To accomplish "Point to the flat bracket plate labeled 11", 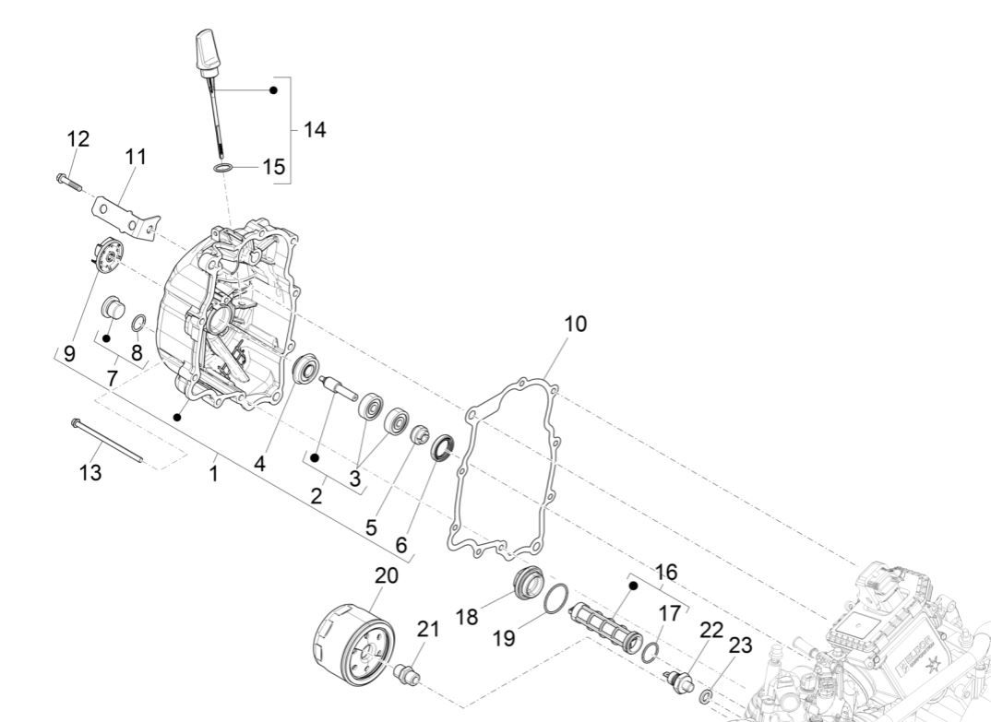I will [x=125, y=211].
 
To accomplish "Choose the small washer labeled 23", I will [x=707, y=693].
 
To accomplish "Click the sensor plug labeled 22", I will [x=678, y=681].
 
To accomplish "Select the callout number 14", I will [x=315, y=130].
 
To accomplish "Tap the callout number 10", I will [x=575, y=325].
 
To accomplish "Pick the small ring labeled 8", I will [x=138, y=322].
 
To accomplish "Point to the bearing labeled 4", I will [x=304, y=371].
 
